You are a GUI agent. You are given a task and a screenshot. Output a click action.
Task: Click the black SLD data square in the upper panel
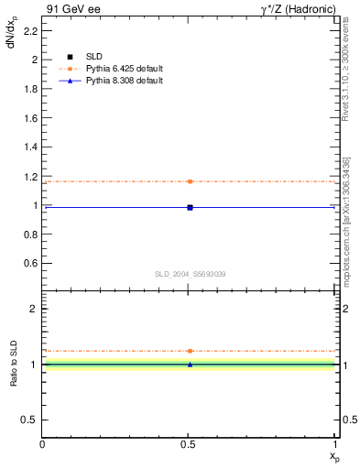[190, 207]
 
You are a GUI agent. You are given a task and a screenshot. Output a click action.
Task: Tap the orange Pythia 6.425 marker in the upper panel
[190, 181]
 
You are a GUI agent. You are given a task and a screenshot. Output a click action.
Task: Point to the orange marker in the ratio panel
[190, 351]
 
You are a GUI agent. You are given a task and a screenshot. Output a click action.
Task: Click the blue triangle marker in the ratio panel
[190, 365]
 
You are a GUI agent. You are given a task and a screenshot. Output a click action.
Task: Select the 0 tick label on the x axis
[43, 445]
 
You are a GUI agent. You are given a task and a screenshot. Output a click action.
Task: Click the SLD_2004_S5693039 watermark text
[190, 274]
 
